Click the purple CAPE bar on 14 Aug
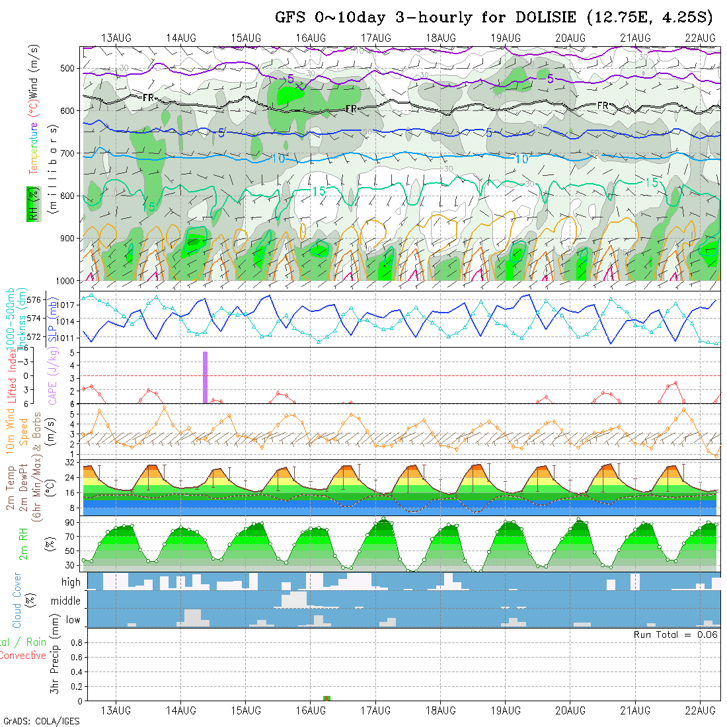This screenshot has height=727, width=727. pos(205,377)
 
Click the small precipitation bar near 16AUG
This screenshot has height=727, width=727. pos(326,698)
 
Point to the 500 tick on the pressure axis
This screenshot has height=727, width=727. pos(69,68)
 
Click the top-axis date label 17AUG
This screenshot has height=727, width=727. pos(375,38)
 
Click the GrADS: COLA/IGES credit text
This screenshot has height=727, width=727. pos(42,721)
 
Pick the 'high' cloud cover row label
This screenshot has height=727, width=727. pos(71,582)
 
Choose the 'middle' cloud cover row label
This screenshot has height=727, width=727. pos(66,601)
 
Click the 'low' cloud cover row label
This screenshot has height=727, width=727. pos(73,620)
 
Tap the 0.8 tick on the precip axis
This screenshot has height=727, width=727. pos(75,642)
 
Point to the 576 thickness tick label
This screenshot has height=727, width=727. pos(35,300)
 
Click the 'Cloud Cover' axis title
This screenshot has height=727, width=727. pos(17,600)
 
